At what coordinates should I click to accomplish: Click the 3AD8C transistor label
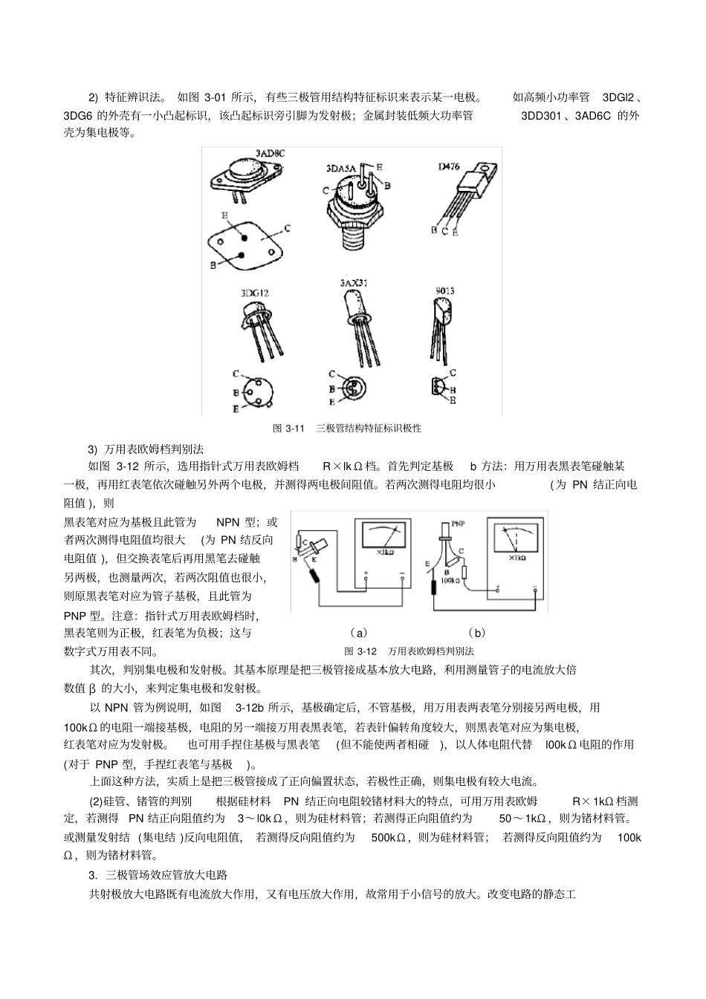(270, 153)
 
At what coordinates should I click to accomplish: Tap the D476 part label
(448, 166)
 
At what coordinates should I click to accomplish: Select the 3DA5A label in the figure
(340, 169)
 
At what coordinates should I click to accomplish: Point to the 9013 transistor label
(444, 290)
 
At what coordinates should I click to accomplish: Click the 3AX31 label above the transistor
(354, 283)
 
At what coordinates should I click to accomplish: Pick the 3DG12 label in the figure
(255, 293)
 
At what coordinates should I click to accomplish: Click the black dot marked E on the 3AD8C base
(244, 236)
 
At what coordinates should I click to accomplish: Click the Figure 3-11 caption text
(347, 428)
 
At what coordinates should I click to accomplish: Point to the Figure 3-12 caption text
(408, 651)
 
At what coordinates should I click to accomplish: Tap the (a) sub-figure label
(358, 633)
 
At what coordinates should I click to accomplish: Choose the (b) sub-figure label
(477, 633)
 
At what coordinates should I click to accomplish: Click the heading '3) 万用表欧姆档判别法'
(146, 449)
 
